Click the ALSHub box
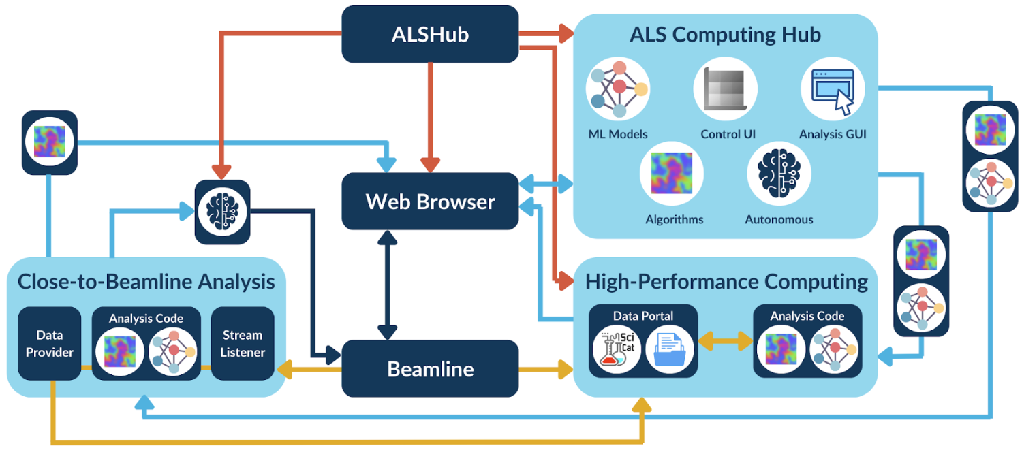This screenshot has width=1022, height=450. tap(430, 35)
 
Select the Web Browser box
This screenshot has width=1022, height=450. tap(430, 202)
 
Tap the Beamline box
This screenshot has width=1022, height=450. tap(430, 369)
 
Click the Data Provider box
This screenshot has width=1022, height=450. tap(49, 343)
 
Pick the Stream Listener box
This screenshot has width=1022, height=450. tap(243, 343)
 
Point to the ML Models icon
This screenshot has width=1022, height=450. tap(618, 89)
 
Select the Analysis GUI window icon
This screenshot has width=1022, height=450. tap(833, 89)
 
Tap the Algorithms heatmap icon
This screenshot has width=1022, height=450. tap(671, 174)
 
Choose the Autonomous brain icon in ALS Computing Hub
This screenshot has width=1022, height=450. tap(779, 174)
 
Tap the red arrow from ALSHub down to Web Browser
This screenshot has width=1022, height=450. tap(429, 116)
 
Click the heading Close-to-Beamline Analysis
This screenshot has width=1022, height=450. tap(146, 282)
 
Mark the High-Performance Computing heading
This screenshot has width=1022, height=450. tap(726, 281)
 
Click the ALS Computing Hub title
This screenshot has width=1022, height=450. tap(725, 35)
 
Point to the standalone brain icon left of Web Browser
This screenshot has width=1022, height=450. tap(222, 212)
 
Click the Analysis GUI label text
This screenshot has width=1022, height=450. tap(833, 134)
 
